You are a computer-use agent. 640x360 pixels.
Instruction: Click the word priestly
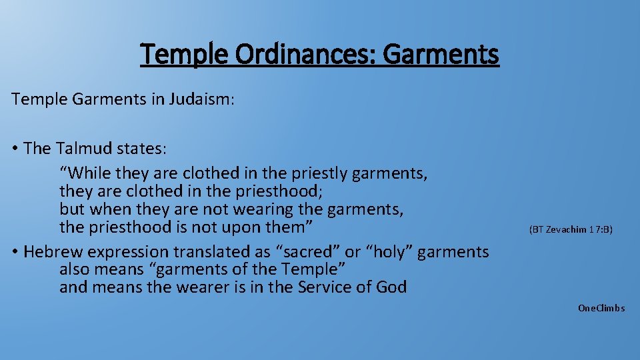321,173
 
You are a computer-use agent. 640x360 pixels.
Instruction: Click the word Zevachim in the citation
566,229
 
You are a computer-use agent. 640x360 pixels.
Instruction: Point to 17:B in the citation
600,229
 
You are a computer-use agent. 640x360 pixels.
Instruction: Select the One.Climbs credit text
601,308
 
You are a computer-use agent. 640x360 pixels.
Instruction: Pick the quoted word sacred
305,252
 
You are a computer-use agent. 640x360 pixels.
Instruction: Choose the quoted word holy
387,252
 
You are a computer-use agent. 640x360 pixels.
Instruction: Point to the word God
392,287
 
